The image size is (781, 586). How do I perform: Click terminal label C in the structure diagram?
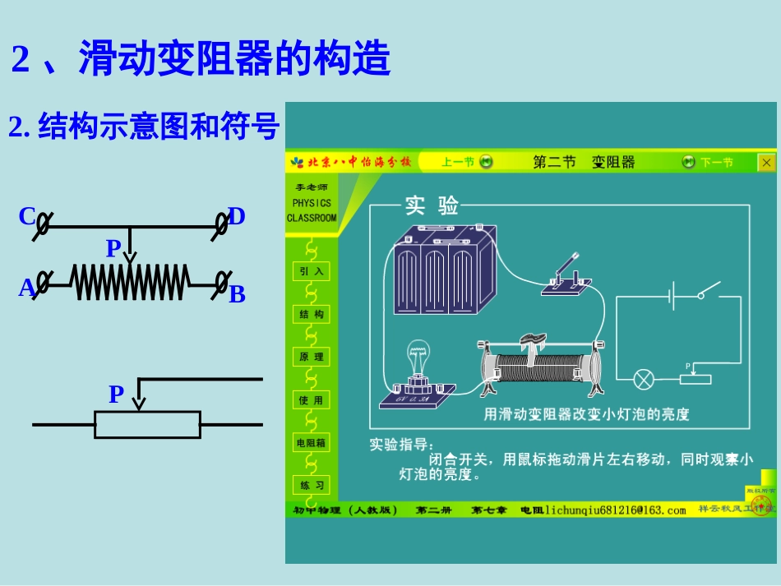click(x=26, y=217)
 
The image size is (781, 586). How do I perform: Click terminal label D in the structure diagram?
click(x=237, y=217)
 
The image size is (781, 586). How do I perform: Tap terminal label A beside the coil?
click(x=26, y=288)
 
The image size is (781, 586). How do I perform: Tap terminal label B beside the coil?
click(x=237, y=294)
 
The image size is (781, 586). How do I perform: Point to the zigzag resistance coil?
click(x=130, y=283)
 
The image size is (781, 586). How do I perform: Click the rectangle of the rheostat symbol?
click(x=147, y=424)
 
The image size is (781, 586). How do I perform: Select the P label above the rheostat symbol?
click(x=116, y=395)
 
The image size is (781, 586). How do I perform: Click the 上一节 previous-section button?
click(x=466, y=162)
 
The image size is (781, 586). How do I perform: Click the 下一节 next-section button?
click(x=708, y=162)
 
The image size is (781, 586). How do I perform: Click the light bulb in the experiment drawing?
click(x=417, y=362)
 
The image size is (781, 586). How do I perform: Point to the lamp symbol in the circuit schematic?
click(x=643, y=379)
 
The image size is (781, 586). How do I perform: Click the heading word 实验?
click(x=431, y=206)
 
